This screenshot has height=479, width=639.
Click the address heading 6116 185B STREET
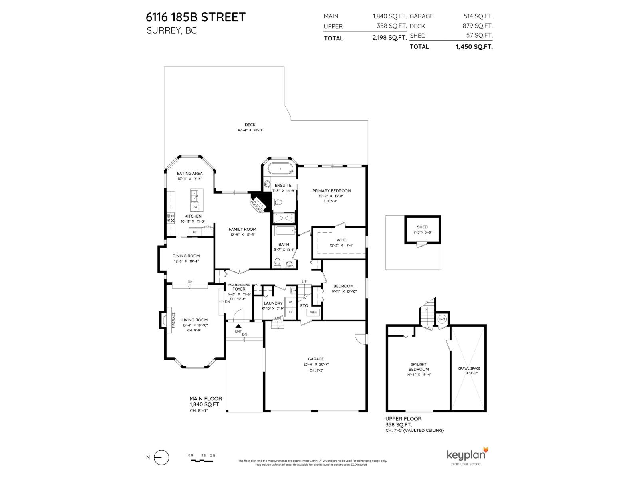point(196,17)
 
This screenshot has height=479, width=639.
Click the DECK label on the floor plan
point(250,125)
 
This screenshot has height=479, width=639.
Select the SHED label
point(422,227)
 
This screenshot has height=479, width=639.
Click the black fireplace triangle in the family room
point(260,199)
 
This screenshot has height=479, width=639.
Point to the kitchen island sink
point(195,196)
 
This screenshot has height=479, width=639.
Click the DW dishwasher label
point(195,207)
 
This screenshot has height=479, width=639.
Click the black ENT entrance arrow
point(238,327)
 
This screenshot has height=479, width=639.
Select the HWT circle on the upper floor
point(442,319)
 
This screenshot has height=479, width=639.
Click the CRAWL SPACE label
point(469,368)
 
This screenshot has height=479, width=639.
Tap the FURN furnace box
point(313,312)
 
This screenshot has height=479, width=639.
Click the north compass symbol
point(161,457)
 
